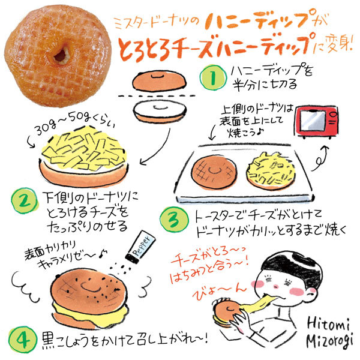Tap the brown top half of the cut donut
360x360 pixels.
coord(154,81)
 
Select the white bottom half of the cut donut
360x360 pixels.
coord(154,112)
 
